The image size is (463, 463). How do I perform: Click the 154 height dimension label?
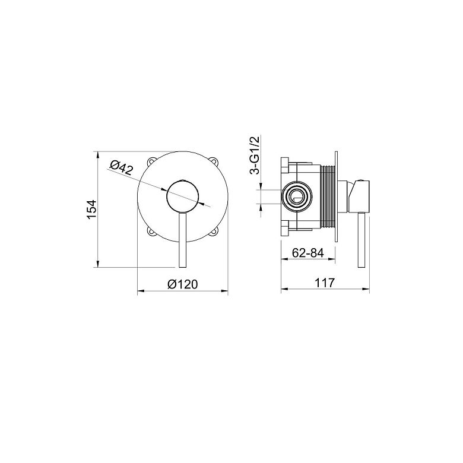pyautogui.click(x=92, y=210)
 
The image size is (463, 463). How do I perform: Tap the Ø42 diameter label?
pyautogui.click(x=121, y=167)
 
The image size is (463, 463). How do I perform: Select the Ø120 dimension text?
pyautogui.click(x=182, y=284)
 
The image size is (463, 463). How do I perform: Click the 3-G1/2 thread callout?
pyautogui.click(x=255, y=156)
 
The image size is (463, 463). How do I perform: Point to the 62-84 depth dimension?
pyautogui.click(x=308, y=253)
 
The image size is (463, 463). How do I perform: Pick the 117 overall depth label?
pyautogui.click(x=325, y=283)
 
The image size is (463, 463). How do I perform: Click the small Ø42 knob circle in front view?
pyautogui.click(x=183, y=196)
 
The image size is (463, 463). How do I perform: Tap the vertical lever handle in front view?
pyautogui.click(x=183, y=240)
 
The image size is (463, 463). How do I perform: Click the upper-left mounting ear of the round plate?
pyautogui.click(x=152, y=161)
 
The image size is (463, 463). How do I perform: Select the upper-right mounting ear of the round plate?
pyautogui.click(x=214, y=161)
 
